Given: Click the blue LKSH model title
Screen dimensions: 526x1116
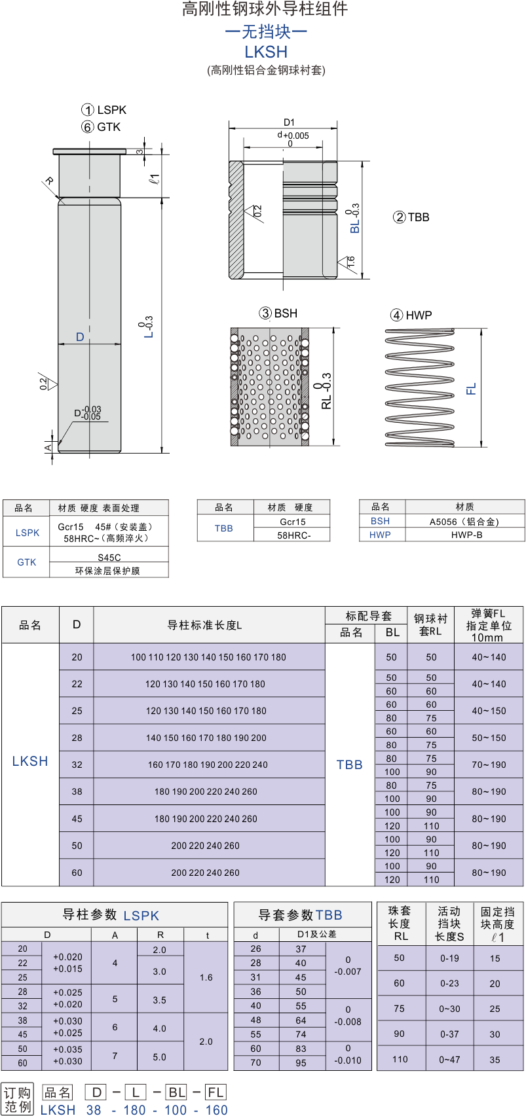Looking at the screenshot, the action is coord(266,52).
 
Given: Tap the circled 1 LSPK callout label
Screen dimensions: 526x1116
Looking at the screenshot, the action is coord(103,109).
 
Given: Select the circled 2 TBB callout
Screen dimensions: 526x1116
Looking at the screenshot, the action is coord(411,217).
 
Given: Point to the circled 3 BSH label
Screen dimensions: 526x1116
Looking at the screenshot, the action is coord(278,314).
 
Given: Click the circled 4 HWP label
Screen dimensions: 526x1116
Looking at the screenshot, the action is coord(411,315).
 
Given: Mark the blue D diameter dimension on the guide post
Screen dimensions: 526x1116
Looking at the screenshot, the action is coord(80,337).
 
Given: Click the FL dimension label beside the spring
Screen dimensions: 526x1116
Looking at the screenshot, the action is coord(471,389).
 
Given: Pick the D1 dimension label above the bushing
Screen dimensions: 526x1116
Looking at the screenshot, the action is coord(289,122).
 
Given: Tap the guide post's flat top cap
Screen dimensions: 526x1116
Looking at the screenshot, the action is coord(90,151).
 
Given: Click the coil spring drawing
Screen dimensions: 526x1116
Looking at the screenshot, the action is coord(419,387).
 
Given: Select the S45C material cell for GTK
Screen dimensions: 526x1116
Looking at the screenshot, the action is coord(109,558).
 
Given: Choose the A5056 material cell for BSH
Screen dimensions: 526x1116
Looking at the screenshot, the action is coord(464,522).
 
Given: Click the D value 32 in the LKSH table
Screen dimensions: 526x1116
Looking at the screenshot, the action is coord(77,765).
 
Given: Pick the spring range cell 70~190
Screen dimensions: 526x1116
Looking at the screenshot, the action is coord(489,765).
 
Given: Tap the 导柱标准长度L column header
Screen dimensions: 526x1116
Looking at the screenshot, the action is coord(204,625).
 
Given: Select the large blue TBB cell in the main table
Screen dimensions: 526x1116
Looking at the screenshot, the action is coord(350,765).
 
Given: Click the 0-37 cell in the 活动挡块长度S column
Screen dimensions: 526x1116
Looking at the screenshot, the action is coord(449,1034).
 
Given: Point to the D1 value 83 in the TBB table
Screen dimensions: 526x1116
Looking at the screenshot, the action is coord(301,1049).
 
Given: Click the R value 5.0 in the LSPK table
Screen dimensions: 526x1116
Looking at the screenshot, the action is coord(160,1056).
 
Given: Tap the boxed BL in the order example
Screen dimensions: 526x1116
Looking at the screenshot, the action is coord(177,1092).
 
